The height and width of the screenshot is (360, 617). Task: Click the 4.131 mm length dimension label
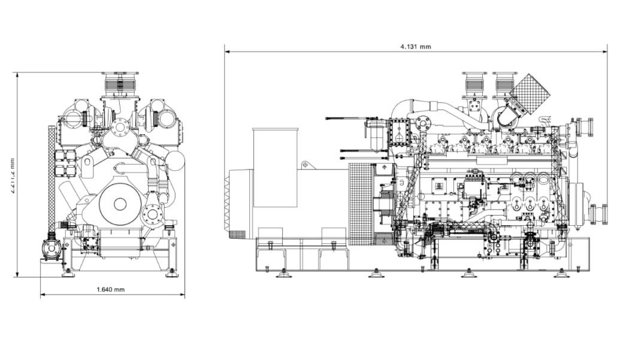coord(416,46)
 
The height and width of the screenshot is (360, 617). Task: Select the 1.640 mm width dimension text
coord(111,290)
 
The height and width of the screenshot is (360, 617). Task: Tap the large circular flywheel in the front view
coord(120,204)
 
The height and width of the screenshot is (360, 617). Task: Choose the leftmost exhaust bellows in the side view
coord(473,84)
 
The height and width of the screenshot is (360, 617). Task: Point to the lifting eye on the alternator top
coord(304,164)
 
